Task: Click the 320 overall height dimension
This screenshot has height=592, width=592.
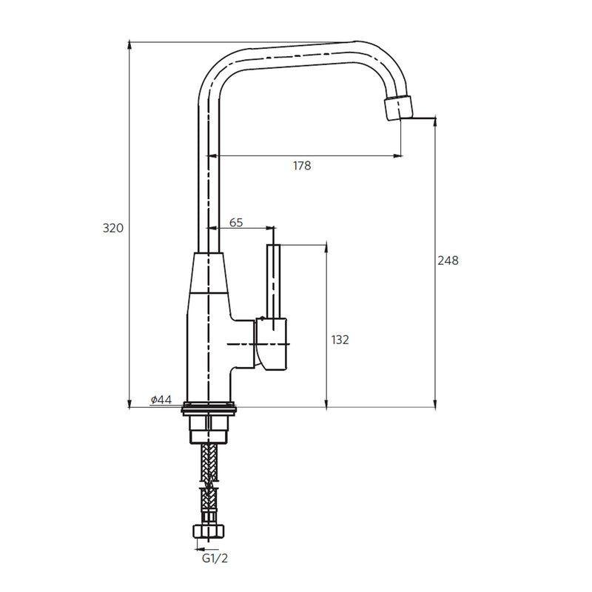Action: click(112, 228)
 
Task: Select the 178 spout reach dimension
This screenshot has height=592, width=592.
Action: click(302, 166)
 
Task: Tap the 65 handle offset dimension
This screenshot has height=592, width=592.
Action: click(237, 221)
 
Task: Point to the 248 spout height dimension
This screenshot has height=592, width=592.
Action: click(448, 260)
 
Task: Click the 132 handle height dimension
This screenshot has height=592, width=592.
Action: click(340, 340)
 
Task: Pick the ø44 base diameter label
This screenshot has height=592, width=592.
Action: click(161, 400)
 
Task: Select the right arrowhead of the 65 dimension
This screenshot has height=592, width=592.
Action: click(270, 228)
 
